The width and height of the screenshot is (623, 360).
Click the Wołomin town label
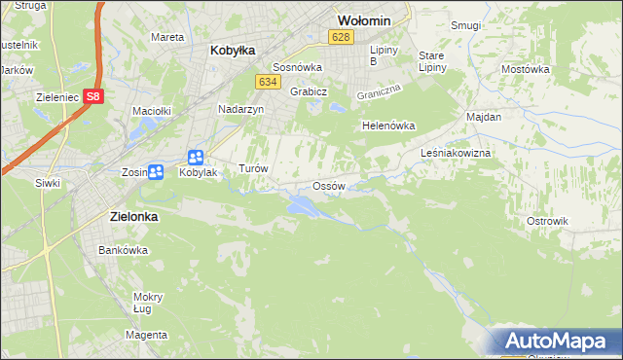pos(363,19)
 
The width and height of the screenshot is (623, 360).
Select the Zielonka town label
pos(128,218)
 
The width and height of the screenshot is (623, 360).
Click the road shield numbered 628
pos(340,37)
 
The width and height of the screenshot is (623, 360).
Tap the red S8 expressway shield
pos(92,96)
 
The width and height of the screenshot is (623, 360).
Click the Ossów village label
pos(328,186)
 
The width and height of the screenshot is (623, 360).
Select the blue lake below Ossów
pos(301,204)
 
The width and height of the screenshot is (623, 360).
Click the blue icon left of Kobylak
pos(196,157)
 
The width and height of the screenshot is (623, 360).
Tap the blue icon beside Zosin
pos(155,172)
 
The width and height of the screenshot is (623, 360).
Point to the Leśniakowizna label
pos(456,154)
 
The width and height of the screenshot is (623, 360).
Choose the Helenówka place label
pos(388,126)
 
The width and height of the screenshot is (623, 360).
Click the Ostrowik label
pos(547,221)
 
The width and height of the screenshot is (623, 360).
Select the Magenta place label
pos(146,335)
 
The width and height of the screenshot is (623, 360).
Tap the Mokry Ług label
pos(148,303)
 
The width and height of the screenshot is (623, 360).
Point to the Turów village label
pos(253,167)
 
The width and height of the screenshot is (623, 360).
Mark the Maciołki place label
pos(152,112)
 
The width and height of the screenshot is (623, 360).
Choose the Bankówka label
pos(123,250)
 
